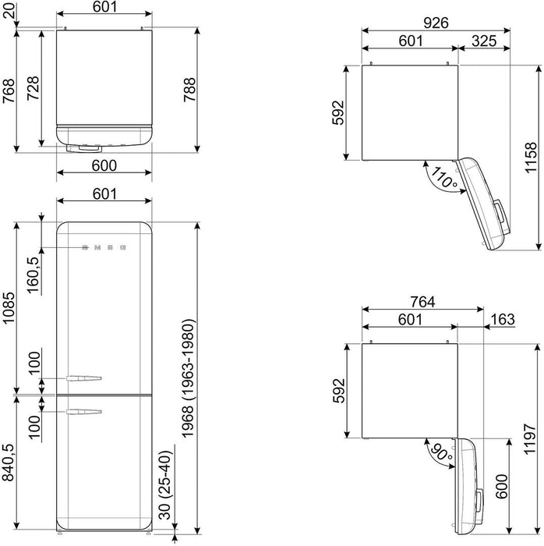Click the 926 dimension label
tap(436, 23)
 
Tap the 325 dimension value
tap(484, 41)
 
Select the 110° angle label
tap(444, 178)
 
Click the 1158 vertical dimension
tap(531, 158)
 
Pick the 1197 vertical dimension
tap(530, 439)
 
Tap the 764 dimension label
tap(422, 302)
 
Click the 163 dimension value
tap(503, 319)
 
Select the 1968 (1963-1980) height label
tap(188, 378)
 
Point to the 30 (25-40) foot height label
tap(165, 485)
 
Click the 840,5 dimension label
tap(8, 463)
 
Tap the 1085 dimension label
tap(9, 307)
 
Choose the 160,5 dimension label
tap(33, 275)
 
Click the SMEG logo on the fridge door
tap(104, 247)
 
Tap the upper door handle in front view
tap(84, 378)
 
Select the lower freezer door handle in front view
tap(84, 412)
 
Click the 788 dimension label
tap(189, 90)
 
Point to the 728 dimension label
tap(34, 88)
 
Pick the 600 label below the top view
tap(104, 165)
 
